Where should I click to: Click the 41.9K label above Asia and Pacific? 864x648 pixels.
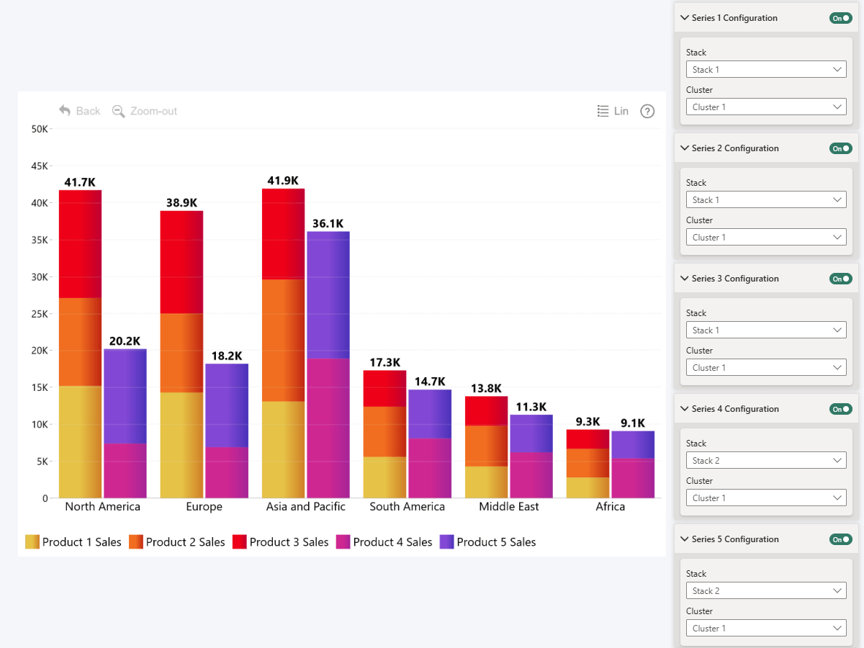pyautogui.click(x=282, y=181)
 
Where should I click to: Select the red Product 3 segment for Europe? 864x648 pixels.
pyautogui.click(x=181, y=262)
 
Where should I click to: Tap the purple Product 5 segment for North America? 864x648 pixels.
pyautogui.click(x=125, y=396)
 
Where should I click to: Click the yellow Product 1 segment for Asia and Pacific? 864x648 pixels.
pyautogui.click(x=283, y=449)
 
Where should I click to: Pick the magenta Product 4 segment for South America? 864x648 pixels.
pyautogui.click(x=430, y=468)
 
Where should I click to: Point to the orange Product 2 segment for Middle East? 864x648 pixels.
pyautogui.click(x=486, y=446)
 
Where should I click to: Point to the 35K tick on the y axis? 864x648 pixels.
pyautogui.click(x=38, y=240)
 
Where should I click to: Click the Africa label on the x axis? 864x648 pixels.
pyautogui.click(x=611, y=507)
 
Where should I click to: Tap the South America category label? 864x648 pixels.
pyautogui.click(x=408, y=507)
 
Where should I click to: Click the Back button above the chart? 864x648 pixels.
pyautogui.click(x=80, y=111)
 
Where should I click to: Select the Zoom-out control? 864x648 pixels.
pyautogui.click(x=145, y=111)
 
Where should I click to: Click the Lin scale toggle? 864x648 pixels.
pyautogui.click(x=613, y=111)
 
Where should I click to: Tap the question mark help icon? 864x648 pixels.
pyautogui.click(x=647, y=111)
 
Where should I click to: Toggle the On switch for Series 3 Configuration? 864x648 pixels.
pyautogui.click(x=840, y=279)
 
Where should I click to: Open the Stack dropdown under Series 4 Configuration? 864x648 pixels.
pyautogui.click(x=765, y=461)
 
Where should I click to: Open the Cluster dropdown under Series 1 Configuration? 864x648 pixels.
pyautogui.click(x=765, y=107)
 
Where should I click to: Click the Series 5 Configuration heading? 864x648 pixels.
pyautogui.click(x=734, y=539)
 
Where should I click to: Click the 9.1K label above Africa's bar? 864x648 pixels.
pyautogui.click(x=633, y=423)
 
